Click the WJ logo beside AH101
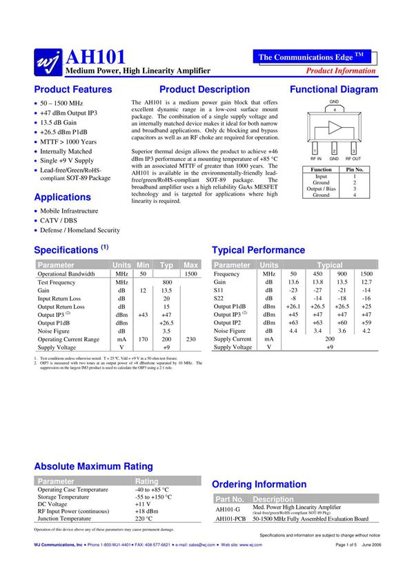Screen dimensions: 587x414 (48, 61)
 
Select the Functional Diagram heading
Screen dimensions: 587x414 (334, 90)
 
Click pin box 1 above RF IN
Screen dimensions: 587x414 (315, 151)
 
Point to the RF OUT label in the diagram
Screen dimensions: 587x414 (353, 159)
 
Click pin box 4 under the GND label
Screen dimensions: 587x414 (335, 110)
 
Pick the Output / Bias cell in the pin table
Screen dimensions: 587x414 (322, 189)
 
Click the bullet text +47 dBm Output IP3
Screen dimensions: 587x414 (68, 113)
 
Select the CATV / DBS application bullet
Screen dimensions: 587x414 (59, 220)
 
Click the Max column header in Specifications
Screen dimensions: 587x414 (191, 265)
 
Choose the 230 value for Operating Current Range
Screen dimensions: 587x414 (191, 340)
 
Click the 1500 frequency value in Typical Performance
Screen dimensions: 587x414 (366, 274)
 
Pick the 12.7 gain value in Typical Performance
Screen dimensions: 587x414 (366, 282)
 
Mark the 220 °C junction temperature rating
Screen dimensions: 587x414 (144, 519)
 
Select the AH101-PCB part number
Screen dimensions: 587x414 (230, 519)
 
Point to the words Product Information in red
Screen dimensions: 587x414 (341, 70)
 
